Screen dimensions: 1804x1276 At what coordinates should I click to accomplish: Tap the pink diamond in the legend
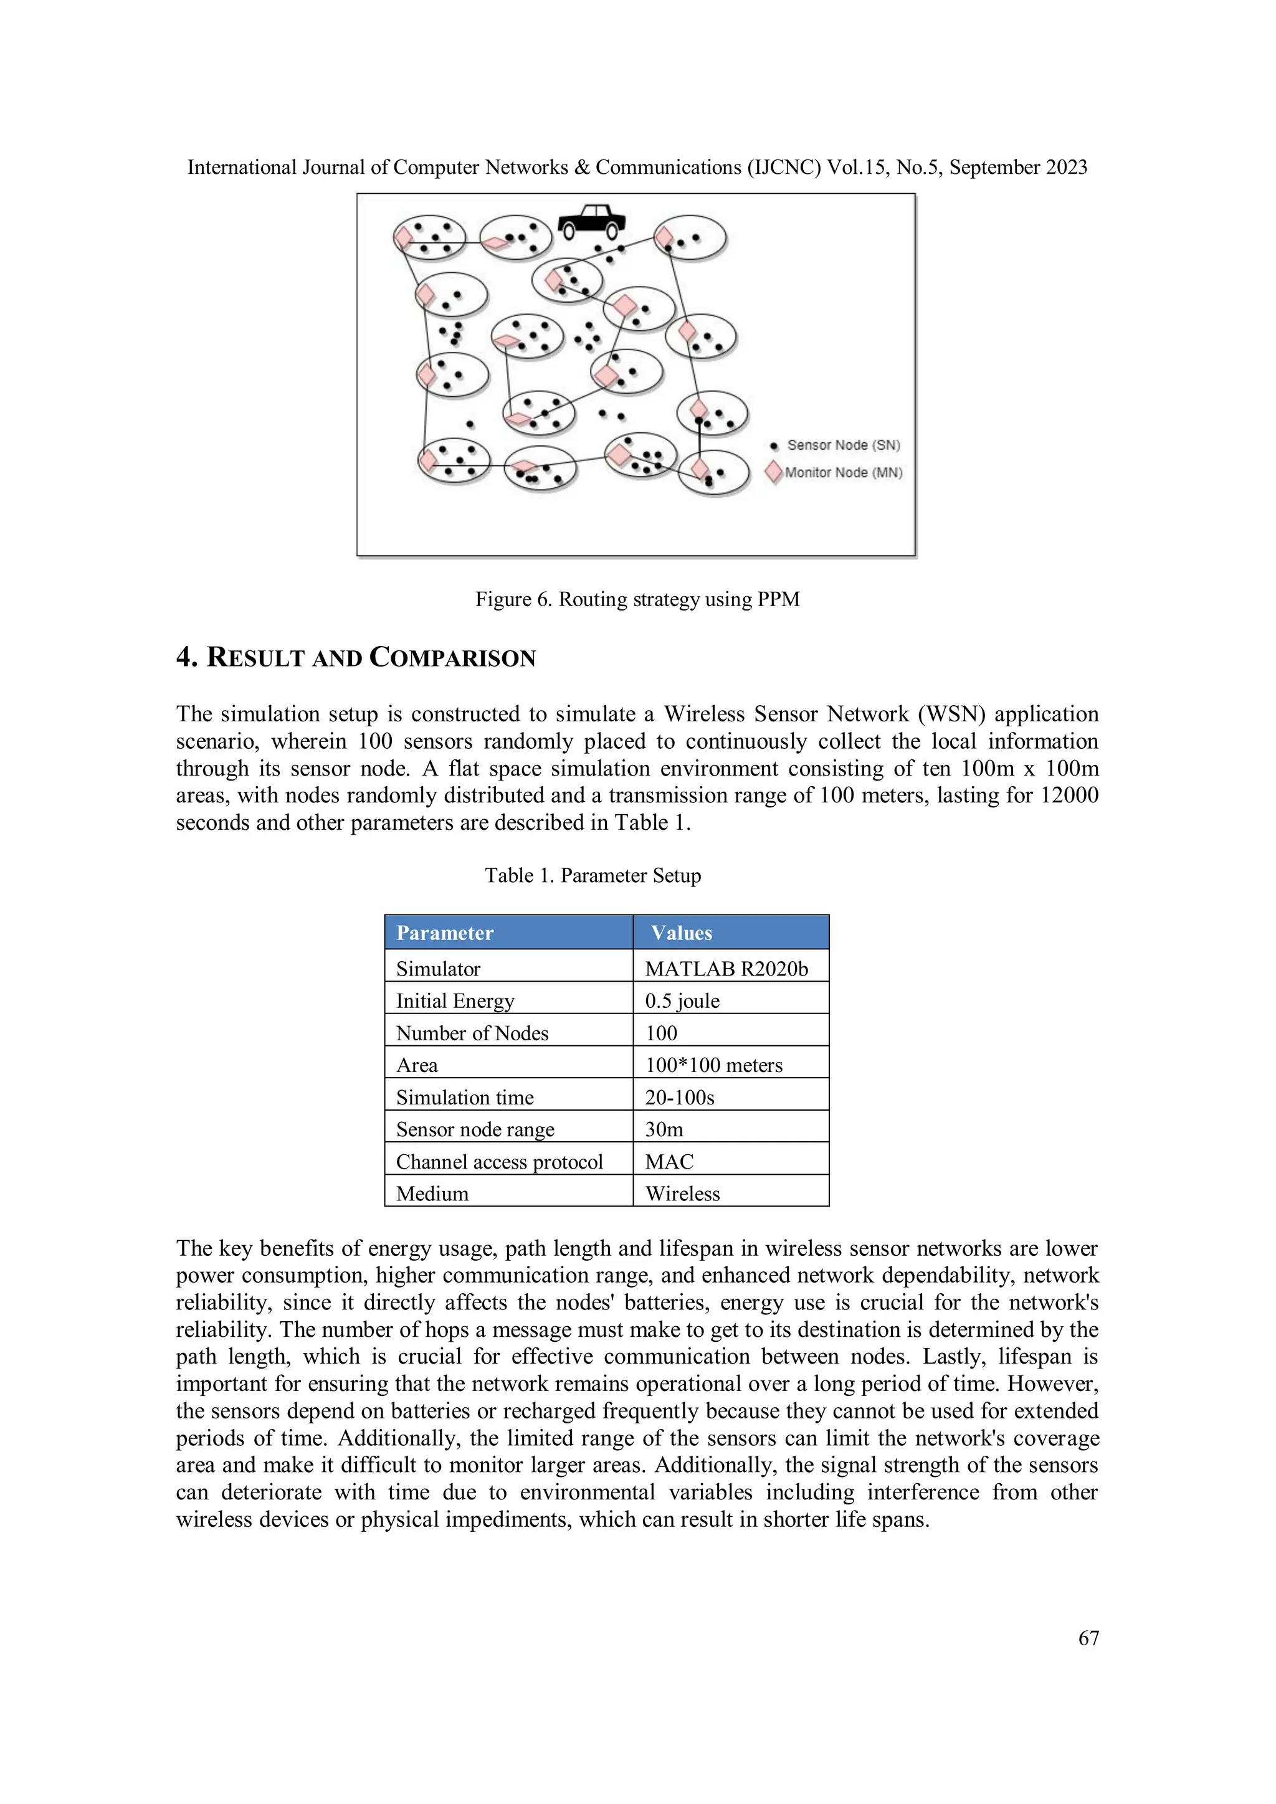(x=774, y=472)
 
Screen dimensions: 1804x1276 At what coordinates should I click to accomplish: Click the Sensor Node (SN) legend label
(x=843, y=445)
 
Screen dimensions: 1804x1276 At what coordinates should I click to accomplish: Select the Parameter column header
(x=445, y=933)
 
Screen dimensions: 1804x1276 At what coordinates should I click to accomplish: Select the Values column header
(x=681, y=933)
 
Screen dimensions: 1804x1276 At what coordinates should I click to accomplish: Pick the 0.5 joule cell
(x=682, y=1001)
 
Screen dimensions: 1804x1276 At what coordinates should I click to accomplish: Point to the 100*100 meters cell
(x=713, y=1065)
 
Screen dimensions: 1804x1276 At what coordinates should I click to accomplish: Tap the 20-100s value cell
(x=680, y=1098)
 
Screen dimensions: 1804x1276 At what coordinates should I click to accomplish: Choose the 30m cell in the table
(x=664, y=1130)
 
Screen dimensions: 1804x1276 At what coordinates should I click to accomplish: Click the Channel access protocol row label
(x=499, y=1162)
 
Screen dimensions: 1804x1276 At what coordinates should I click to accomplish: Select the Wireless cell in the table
(x=682, y=1194)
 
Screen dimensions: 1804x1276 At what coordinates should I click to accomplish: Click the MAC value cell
(x=669, y=1162)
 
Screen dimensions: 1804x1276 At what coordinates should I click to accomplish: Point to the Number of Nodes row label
(x=472, y=1033)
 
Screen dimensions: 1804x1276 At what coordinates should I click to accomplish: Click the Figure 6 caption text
(x=637, y=599)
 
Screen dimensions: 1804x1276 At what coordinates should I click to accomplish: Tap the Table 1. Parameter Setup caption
(x=593, y=875)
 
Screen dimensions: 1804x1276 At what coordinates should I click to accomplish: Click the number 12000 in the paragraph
(x=1069, y=795)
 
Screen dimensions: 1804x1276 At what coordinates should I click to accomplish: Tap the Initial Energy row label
(x=455, y=1001)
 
